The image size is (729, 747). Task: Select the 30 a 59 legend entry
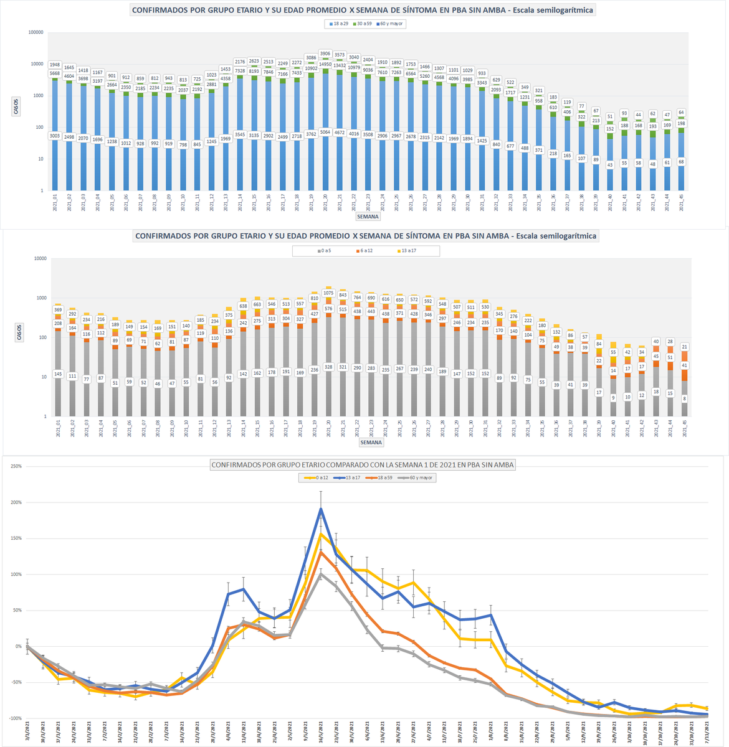pyautogui.click(x=364, y=24)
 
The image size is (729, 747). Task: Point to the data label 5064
pyautogui.click(x=325, y=132)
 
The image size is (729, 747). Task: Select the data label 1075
pyautogui.click(x=329, y=293)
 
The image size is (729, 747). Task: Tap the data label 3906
pyautogui.click(x=325, y=54)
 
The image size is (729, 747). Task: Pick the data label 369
pyautogui.click(x=58, y=309)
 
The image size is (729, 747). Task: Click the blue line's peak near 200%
pyautogui.click(x=321, y=509)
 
